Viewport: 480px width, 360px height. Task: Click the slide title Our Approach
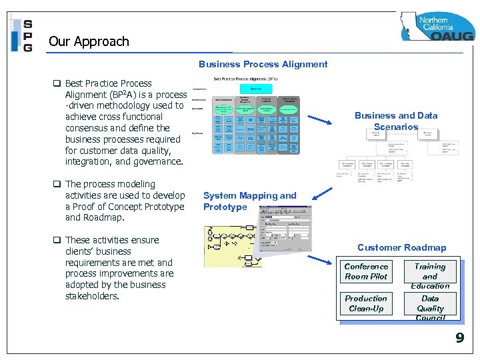tap(89, 41)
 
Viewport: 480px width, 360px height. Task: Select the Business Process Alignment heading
tap(263, 65)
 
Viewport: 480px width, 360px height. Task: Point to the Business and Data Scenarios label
tap(396, 121)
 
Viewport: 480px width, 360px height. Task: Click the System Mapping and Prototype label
tap(249, 201)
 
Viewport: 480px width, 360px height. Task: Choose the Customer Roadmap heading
tap(401, 247)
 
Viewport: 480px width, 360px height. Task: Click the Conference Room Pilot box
tap(366, 271)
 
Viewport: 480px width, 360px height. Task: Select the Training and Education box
tap(430, 275)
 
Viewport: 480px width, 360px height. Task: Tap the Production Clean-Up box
tap(366, 303)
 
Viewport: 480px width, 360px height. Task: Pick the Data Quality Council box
tap(430, 307)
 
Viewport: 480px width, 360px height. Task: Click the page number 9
tap(459, 338)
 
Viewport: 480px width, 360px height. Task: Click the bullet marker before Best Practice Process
tap(57, 83)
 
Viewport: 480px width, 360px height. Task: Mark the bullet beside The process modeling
tap(57, 184)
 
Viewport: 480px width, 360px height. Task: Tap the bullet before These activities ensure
tap(57, 240)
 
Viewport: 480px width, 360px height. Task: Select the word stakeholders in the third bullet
tap(92, 296)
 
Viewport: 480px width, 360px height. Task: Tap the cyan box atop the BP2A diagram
tap(256, 89)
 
